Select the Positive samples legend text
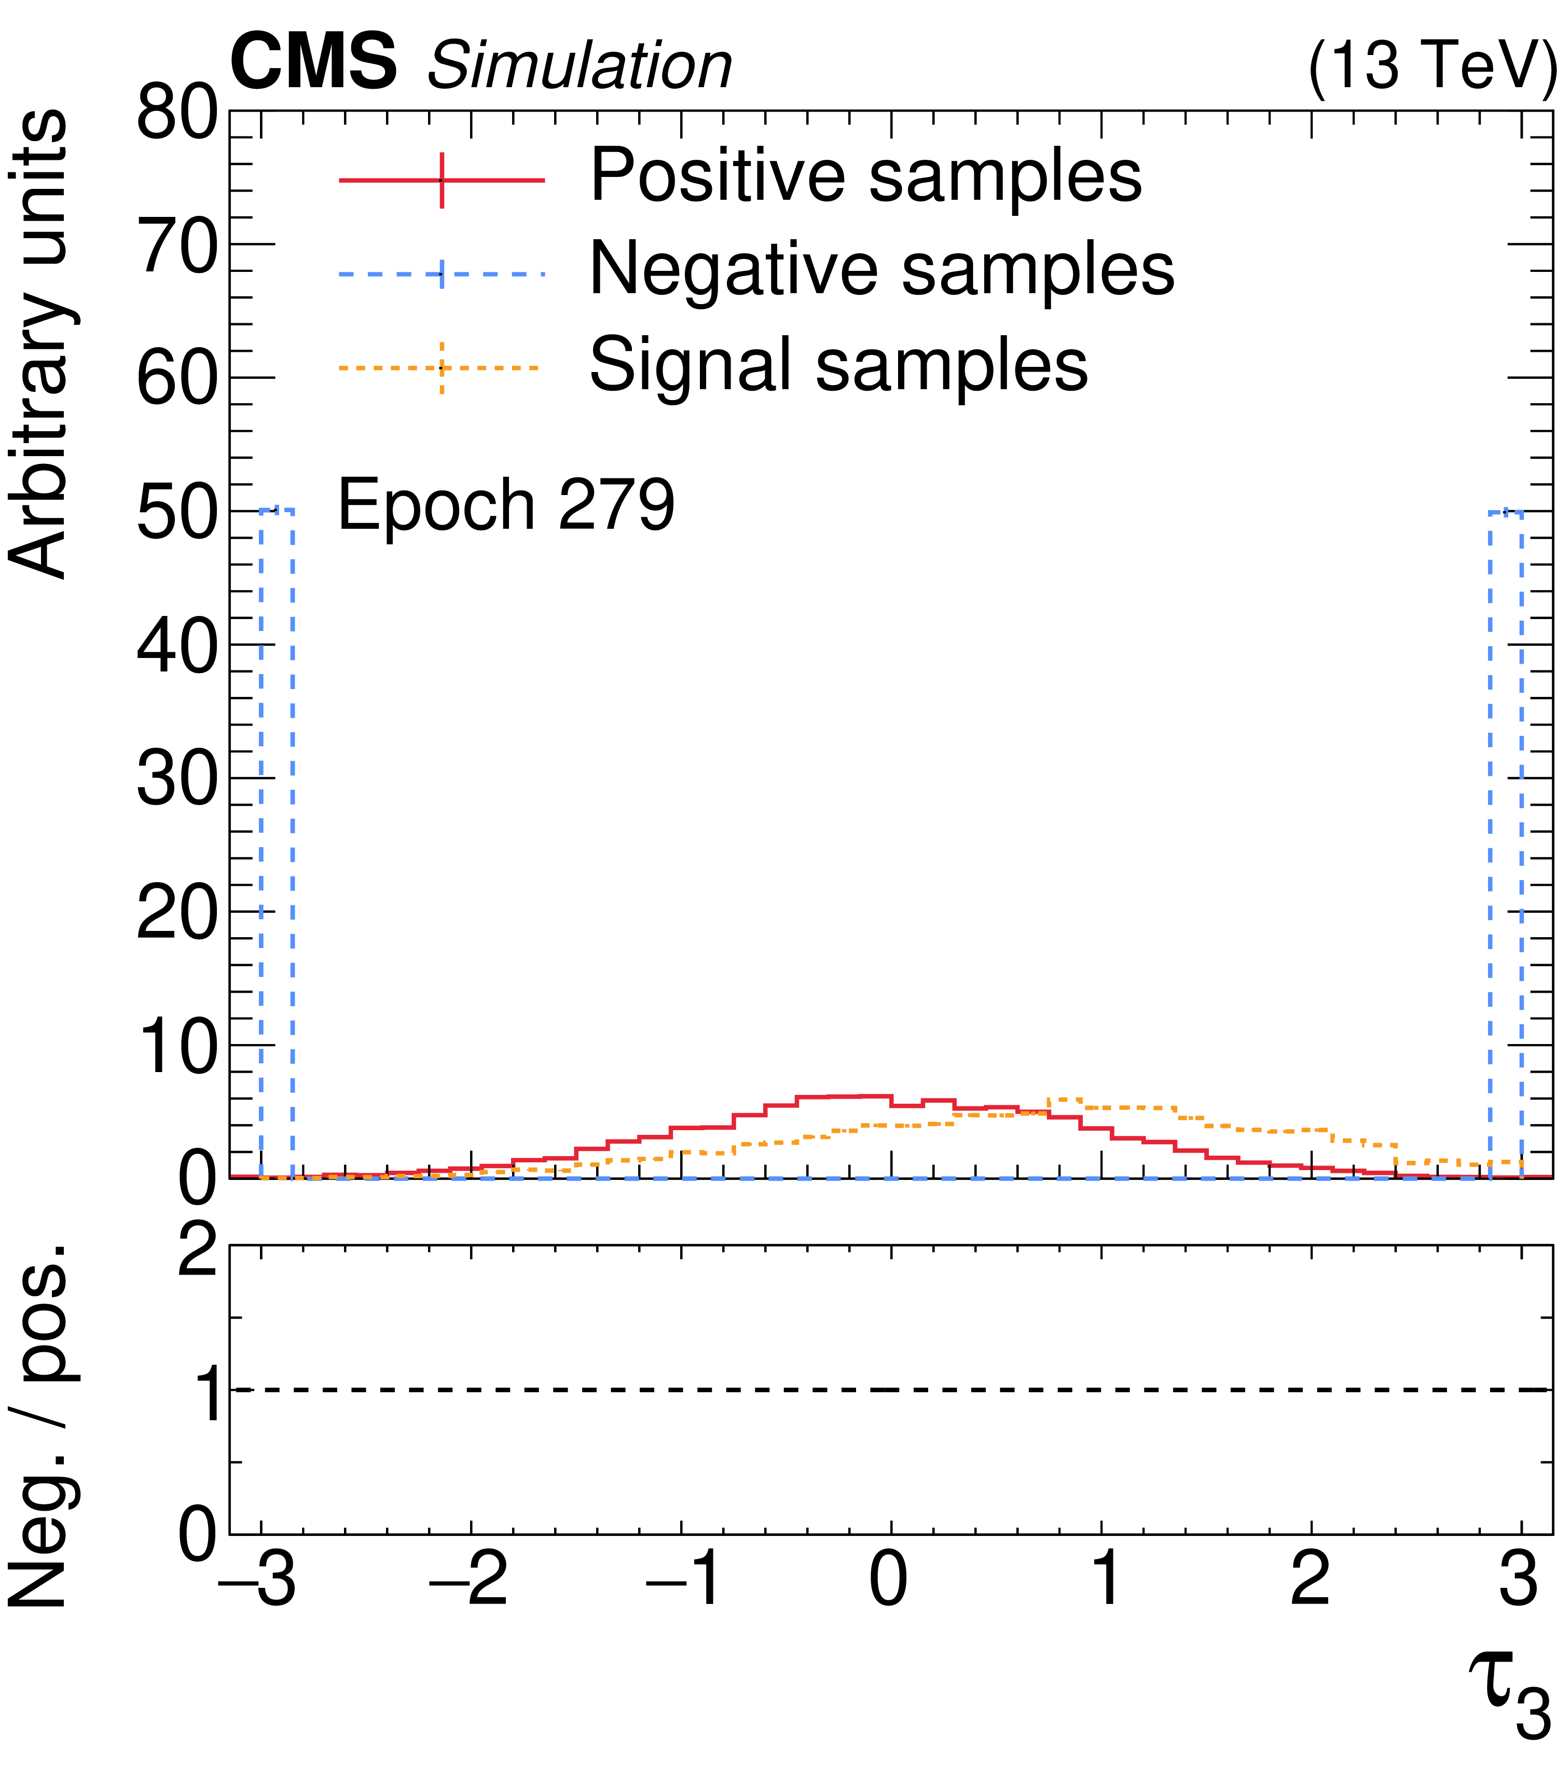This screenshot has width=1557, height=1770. click(865, 176)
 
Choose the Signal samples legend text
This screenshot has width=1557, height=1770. click(837, 365)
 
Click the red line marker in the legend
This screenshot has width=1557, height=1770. click(442, 180)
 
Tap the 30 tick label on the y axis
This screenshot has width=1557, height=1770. click(176, 778)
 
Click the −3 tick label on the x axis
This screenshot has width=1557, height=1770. click(257, 1581)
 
